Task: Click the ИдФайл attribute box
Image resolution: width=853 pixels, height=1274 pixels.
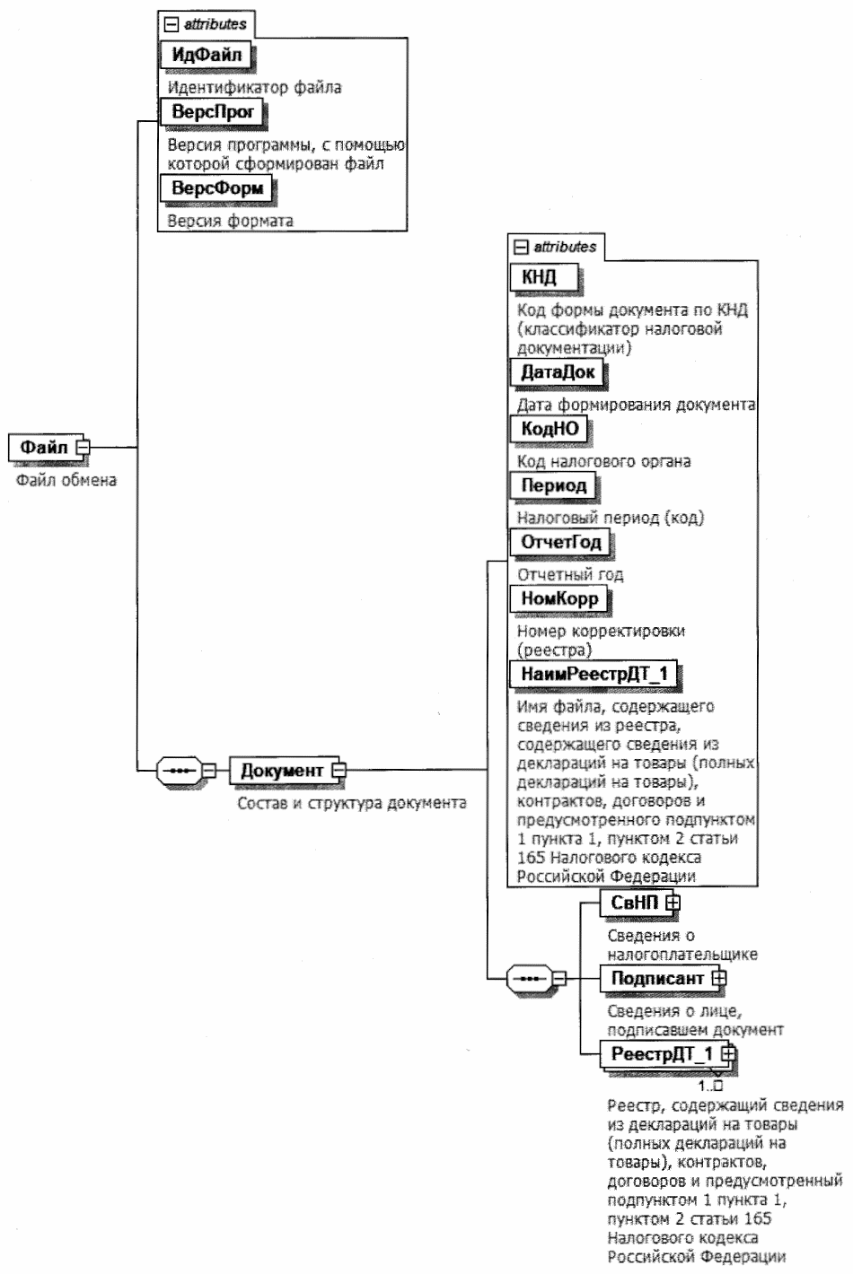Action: pos(206,55)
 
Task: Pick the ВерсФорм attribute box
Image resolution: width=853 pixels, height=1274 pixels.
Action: pos(216,188)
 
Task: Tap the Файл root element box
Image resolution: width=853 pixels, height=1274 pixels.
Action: pos(44,447)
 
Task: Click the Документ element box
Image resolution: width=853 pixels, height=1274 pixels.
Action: pos(281,771)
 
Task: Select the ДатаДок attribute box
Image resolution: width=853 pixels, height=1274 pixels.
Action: pos(558,371)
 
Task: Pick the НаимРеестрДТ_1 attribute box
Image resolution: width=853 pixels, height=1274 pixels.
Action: pos(594,674)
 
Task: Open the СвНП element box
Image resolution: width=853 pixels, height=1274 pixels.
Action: pos(635,903)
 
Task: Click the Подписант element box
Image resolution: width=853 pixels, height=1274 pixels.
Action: pos(657,979)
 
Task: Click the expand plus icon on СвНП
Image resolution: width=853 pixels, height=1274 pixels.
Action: pos(673,903)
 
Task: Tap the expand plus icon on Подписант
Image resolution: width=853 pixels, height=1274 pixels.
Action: pos(718,979)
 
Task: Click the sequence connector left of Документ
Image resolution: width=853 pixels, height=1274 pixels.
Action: pos(179,771)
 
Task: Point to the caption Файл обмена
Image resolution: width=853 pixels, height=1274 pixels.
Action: pos(66,480)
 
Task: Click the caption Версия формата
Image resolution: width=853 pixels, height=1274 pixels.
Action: pos(231,221)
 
